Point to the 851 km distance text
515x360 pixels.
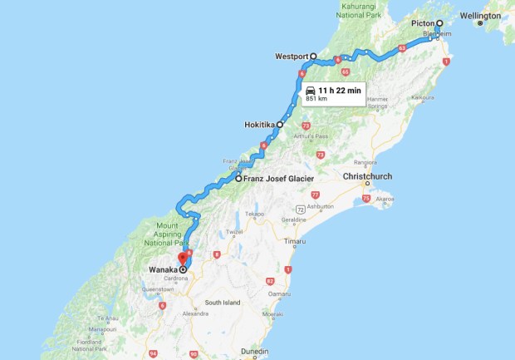click(317, 98)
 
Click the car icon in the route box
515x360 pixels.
click(310, 89)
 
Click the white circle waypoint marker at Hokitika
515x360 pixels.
click(280, 125)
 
